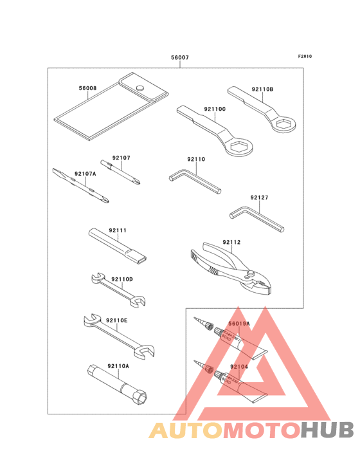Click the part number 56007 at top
click(180, 58)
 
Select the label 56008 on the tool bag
click(88, 88)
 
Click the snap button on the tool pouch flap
click(139, 88)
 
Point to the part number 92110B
click(262, 89)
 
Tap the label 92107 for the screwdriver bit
click(121, 158)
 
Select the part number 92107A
click(85, 174)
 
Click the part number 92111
click(117, 230)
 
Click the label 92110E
click(116, 320)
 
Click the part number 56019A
click(239, 325)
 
